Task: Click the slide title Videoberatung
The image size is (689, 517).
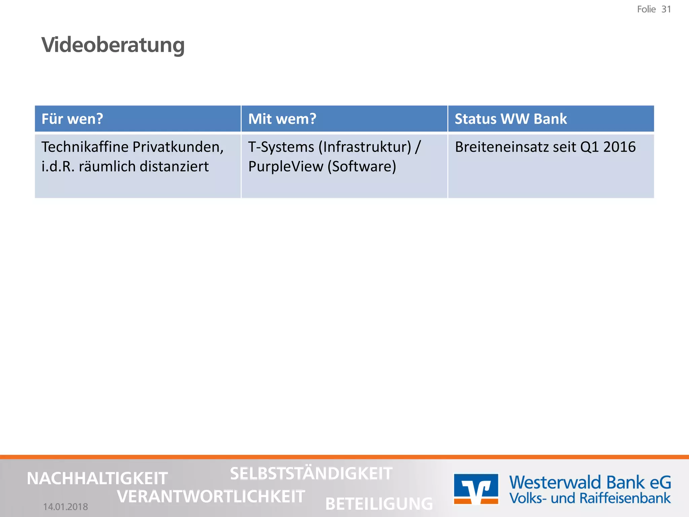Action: click(113, 45)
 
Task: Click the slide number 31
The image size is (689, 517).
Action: click(666, 9)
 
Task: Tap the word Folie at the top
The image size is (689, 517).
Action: click(646, 9)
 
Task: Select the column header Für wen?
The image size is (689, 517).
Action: click(72, 119)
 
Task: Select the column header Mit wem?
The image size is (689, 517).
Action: click(282, 119)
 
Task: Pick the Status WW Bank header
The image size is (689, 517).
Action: click(510, 119)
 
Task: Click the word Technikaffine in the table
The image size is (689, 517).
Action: click(85, 147)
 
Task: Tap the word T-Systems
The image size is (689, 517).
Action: click(281, 147)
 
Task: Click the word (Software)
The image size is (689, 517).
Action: click(362, 167)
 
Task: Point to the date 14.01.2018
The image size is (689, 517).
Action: click(66, 507)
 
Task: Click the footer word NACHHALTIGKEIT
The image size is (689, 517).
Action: click(97, 478)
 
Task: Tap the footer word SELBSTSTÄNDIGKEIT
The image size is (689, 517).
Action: click(311, 474)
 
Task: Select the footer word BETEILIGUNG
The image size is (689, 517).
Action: click(379, 504)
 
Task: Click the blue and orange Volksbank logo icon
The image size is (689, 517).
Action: click(476, 489)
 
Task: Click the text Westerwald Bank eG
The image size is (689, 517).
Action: click(590, 482)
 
